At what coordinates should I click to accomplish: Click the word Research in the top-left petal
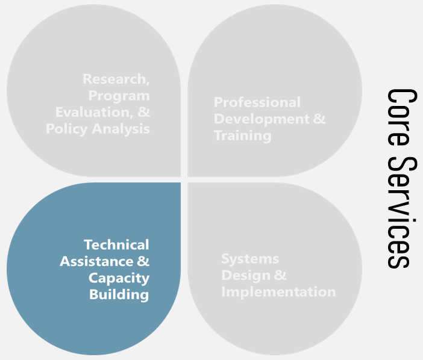[x=114, y=79]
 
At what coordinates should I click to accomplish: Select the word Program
[x=119, y=96]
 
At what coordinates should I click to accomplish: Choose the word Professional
[x=257, y=102]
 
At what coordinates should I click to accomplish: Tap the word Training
[x=242, y=135]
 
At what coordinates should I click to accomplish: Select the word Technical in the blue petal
[x=116, y=244]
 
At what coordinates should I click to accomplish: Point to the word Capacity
[x=119, y=278]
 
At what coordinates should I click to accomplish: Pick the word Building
[x=119, y=294]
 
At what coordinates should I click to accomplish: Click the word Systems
[x=250, y=259]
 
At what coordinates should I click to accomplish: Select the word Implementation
[x=278, y=292]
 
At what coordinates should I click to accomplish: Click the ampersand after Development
[x=319, y=119]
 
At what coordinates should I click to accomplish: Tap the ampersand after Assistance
[x=143, y=261]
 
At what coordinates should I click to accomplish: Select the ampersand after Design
[x=280, y=276]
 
